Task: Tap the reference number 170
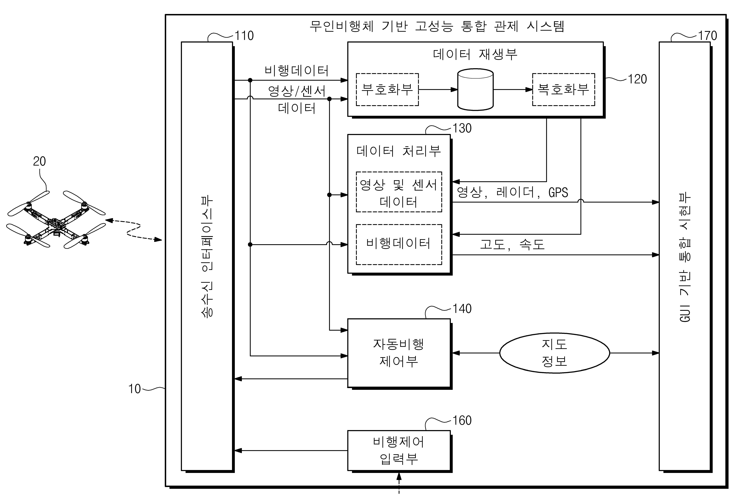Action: tap(707, 36)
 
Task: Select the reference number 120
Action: tap(637, 79)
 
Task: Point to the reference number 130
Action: tap(462, 128)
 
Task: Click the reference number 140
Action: tap(462, 309)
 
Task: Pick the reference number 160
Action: tap(462, 420)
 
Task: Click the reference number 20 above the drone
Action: tap(39, 161)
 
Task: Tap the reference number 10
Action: tap(134, 389)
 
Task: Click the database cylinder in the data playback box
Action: tap(475, 90)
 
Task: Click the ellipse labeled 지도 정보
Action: tap(555, 353)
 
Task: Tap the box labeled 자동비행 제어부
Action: tap(399, 353)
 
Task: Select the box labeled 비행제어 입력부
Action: tap(399, 451)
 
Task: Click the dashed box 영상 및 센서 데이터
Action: tap(399, 192)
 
